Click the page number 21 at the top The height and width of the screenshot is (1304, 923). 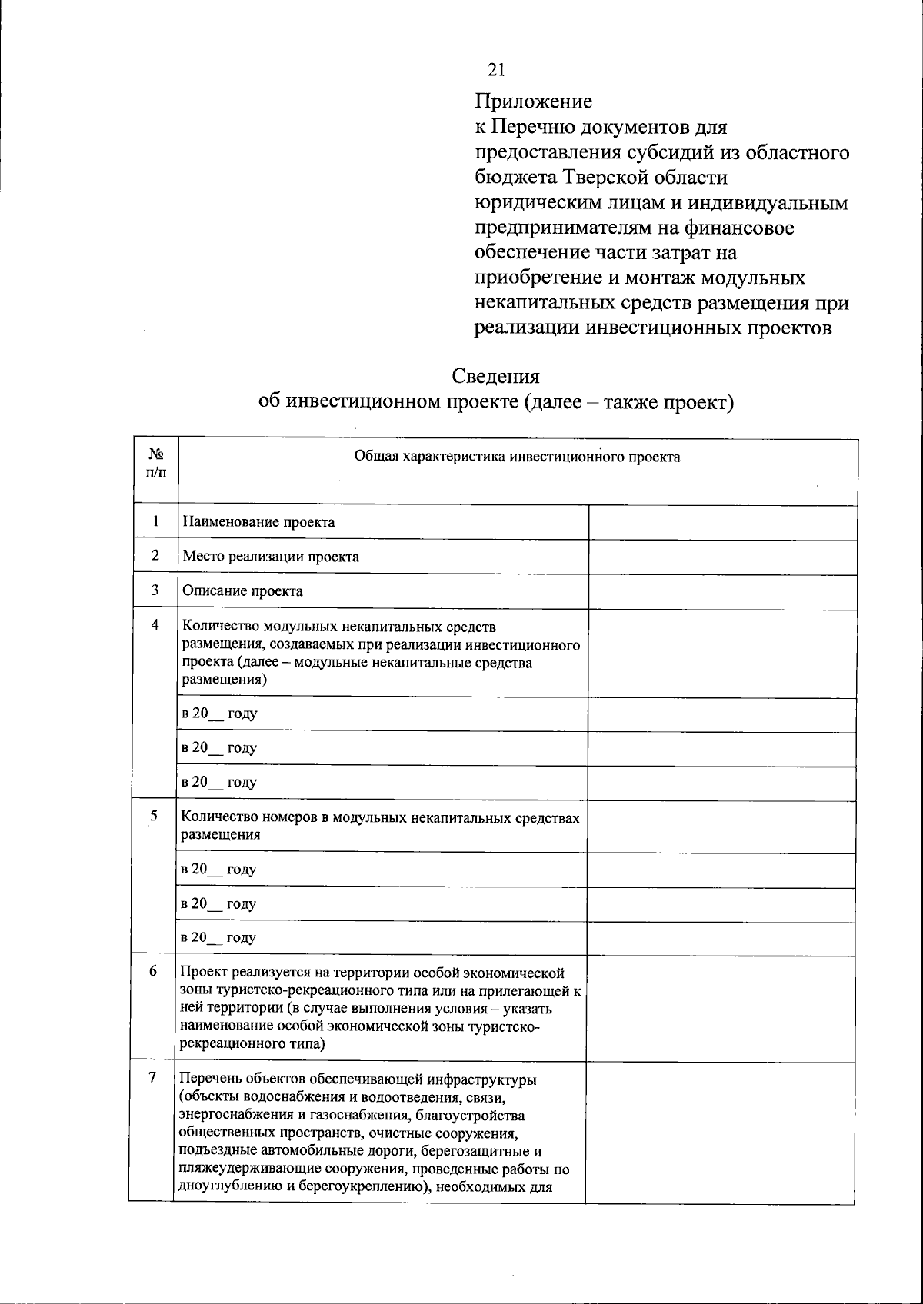pyautogui.click(x=496, y=70)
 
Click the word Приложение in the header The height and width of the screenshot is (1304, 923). pyautogui.click(x=533, y=101)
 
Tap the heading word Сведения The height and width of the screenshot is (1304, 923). pyautogui.click(x=495, y=376)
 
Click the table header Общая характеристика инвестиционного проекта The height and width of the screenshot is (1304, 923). pyautogui.click(x=517, y=457)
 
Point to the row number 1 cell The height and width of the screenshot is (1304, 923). pyautogui.click(x=155, y=521)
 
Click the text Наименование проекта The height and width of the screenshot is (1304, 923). pyautogui.click(x=258, y=522)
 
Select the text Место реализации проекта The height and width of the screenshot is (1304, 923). pyautogui.click(x=270, y=557)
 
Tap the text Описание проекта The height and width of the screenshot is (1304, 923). pyautogui.click(x=242, y=591)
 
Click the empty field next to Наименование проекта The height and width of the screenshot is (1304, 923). pyautogui.click(x=722, y=522)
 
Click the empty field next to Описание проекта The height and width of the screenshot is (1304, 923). pyautogui.click(x=722, y=591)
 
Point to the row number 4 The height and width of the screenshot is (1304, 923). pyautogui.click(x=155, y=624)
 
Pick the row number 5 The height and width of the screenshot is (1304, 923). pyautogui.click(x=155, y=817)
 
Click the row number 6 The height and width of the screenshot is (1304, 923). pyautogui.click(x=154, y=972)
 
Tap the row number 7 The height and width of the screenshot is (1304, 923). pyautogui.click(x=153, y=1078)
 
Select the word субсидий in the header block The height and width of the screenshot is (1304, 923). pyautogui.click(x=668, y=152)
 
